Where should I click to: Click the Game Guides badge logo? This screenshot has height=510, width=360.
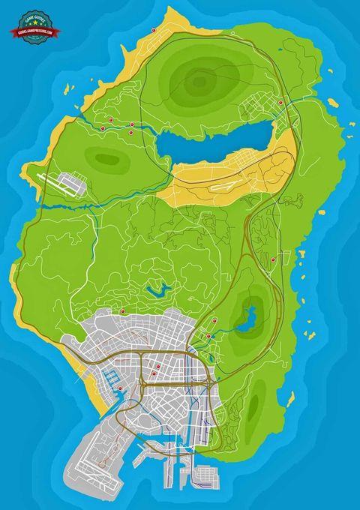pyautogui.click(x=31, y=22)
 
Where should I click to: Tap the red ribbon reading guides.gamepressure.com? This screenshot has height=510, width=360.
pyautogui.click(x=31, y=32)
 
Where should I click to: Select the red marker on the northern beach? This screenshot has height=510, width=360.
pyautogui.click(x=154, y=30)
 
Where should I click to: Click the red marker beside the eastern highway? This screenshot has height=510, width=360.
pyautogui.click(x=274, y=259)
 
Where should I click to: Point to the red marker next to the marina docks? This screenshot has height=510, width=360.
pyautogui.click(x=120, y=387)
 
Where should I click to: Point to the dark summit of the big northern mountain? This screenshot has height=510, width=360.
pyautogui.click(x=196, y=79)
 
